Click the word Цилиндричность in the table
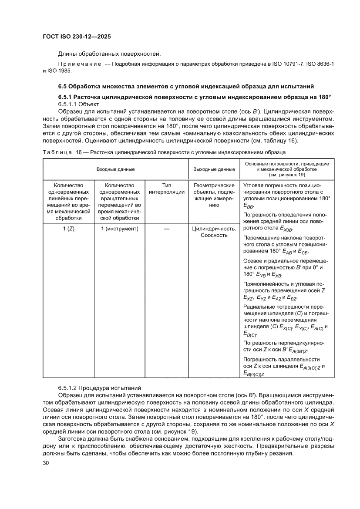click(214, 229)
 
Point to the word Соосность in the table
click(214, 236)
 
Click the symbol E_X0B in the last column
click(286, 228)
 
